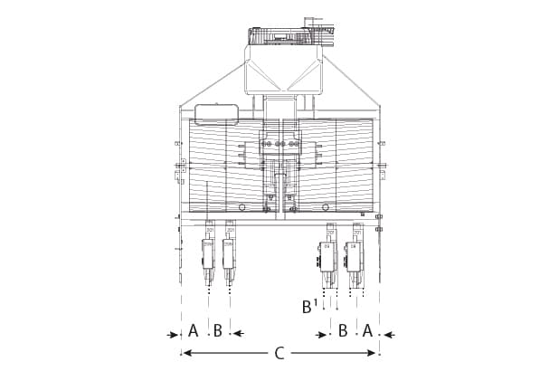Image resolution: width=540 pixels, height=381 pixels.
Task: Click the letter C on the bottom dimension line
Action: click(x=279, y=354)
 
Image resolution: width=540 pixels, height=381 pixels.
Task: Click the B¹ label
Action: click(x=308, y=307)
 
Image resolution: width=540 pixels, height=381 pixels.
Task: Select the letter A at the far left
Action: click(x=193, y=331)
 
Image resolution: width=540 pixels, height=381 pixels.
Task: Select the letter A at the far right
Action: click(x=367, y=331)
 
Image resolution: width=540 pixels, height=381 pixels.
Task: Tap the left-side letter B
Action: click(x=217, y=331)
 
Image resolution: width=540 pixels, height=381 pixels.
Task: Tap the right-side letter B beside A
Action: click(x=343, y=331)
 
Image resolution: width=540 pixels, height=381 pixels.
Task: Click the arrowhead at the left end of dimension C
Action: click(x=187, y=353)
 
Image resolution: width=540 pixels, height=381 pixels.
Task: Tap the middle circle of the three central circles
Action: click(x=280, y=144)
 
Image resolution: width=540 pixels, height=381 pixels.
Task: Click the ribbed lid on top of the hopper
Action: click(x=284, y=36)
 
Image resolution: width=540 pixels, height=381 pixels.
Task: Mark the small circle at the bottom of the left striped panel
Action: click(x=241, y=207)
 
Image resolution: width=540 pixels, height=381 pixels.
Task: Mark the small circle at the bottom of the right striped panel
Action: click(x=326, y=207)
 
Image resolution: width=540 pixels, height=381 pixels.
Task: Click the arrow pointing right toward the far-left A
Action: click(x=174, y=334)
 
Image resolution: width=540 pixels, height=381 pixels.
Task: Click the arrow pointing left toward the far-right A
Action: click(x=386, y=334)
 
